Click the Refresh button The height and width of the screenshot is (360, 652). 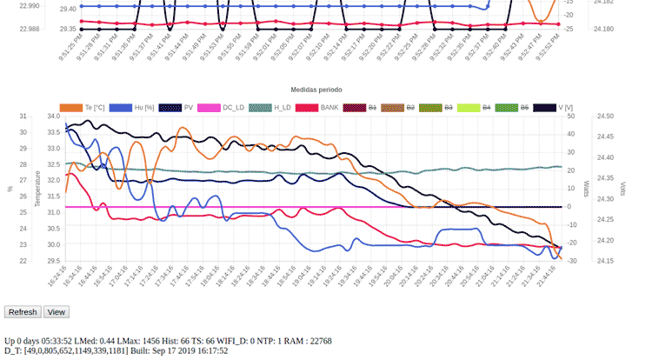[x=23, y=312]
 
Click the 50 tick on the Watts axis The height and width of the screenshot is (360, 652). [x=570, y=116]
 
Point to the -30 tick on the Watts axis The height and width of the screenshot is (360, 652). [x=570, y=261]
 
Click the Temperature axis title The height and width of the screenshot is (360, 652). [x=37, y=188]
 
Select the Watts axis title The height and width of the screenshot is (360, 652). [x=586, y=188]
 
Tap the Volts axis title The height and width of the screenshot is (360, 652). [x=622, y=188]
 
